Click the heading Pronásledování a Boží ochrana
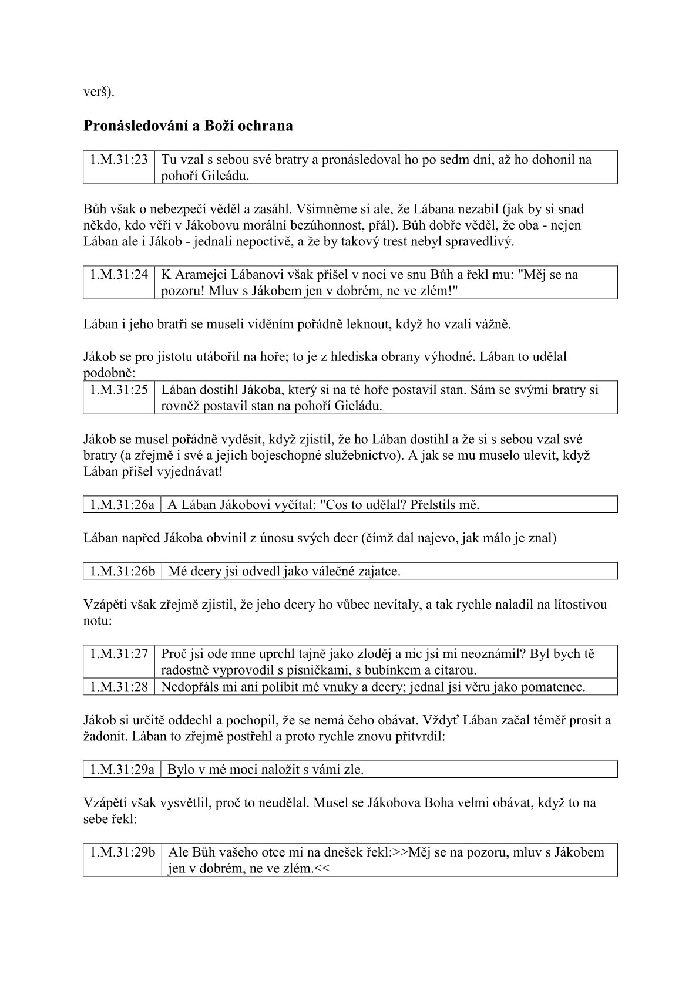pos(188,126)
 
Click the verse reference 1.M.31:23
pos(119,160)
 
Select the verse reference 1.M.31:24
pos(119,275)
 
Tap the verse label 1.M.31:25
pos(119,390)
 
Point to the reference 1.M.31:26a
pos(122,505)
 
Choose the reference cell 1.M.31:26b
pos(122,571)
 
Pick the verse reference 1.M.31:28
pos(119,687)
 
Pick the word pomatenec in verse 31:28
pos(556,687)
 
